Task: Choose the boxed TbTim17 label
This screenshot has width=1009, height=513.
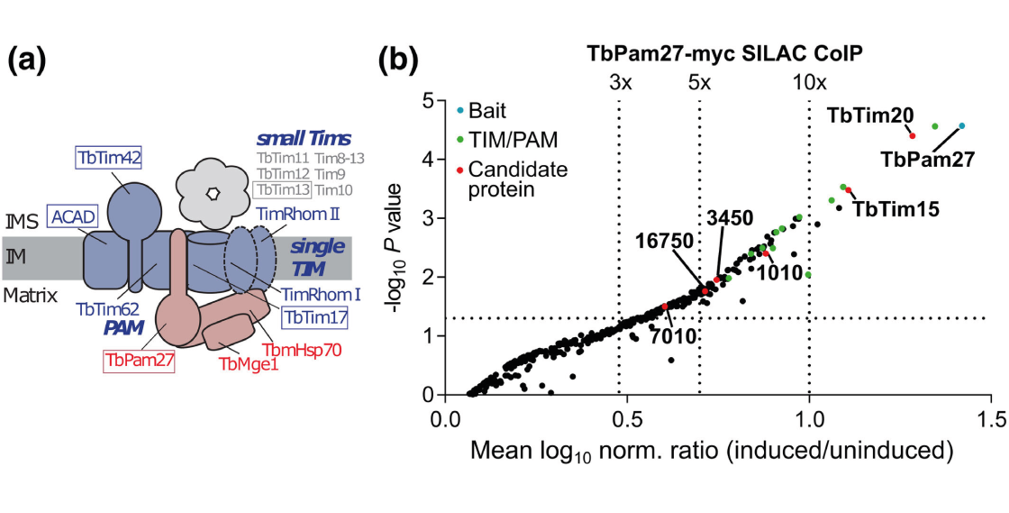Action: [314, 317]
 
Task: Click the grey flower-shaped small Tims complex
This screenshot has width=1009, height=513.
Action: [212, 192]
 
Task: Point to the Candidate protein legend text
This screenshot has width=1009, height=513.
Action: [517, 179]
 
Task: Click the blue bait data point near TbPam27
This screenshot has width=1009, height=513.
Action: [961, 126]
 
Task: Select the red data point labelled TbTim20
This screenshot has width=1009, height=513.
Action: [913, 135]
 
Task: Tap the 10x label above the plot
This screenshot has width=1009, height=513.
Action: [809, 82]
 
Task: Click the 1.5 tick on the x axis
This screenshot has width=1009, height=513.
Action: [991, 420]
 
